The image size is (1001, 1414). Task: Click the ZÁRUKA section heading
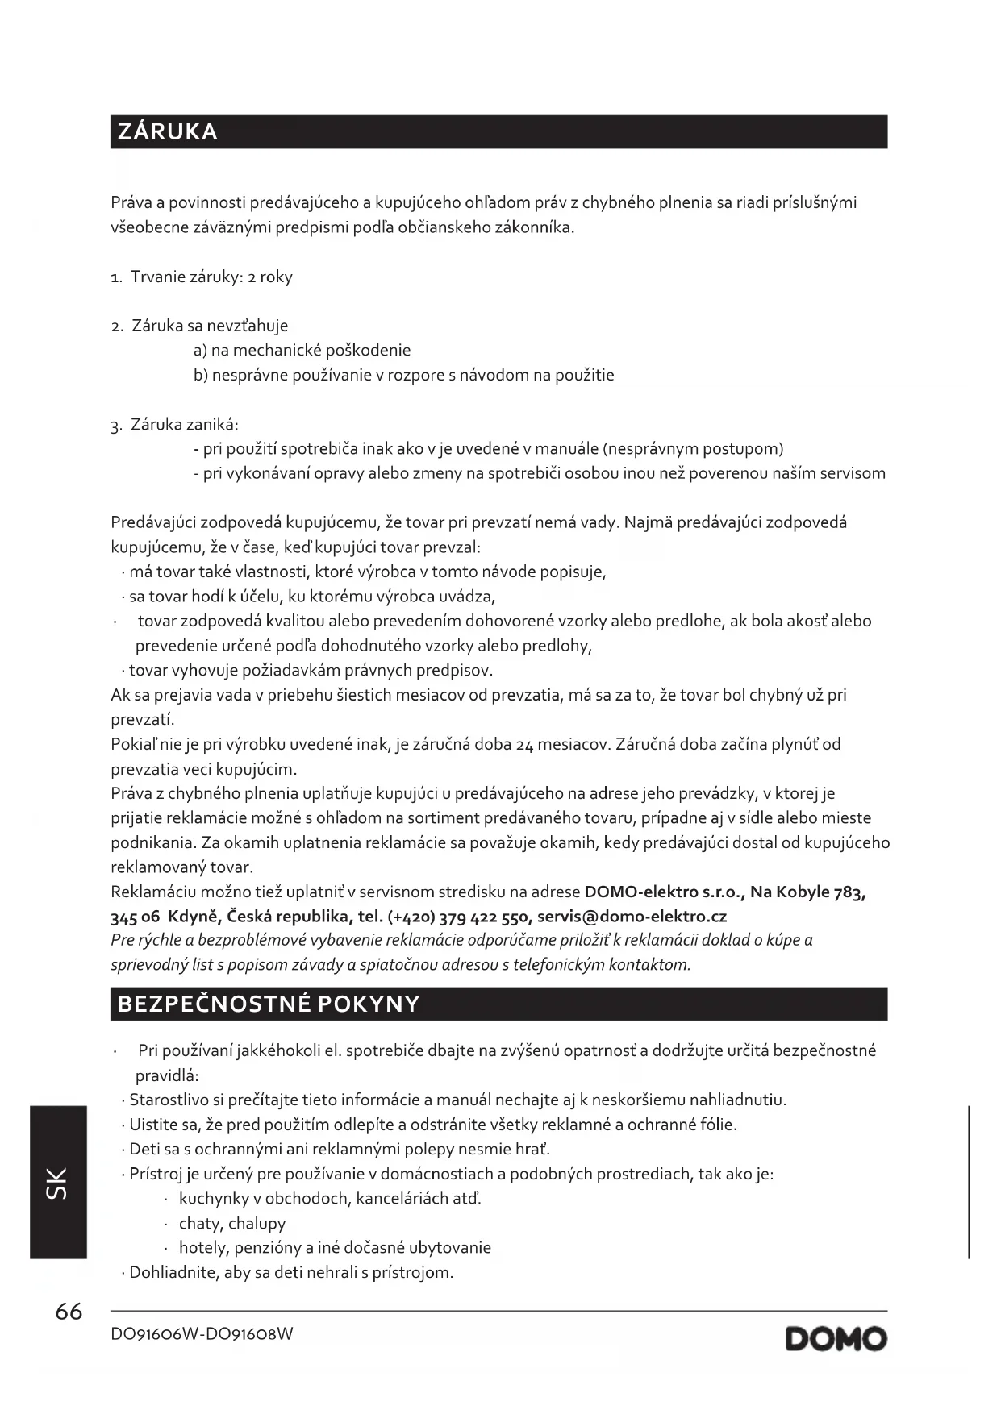pos(168,131)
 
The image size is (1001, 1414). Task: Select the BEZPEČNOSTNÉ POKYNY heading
pos(269,1004)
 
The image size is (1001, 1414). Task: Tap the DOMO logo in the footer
pos(836,1339)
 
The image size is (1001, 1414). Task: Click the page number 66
pos(69,1312)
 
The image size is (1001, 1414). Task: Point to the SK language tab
pos(58,1182)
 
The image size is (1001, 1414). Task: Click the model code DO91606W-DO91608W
pos(202,1334)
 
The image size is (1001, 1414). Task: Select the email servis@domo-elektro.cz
pos(632,917)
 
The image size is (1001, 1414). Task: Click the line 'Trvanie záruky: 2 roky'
pos(211,277)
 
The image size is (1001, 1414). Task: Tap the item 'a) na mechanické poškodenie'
pos(302,350)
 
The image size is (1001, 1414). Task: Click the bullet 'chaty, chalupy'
pos(232,1223)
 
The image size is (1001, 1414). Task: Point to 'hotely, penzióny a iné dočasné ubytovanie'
pos(335,1248)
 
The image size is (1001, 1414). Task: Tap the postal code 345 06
pos(136,917)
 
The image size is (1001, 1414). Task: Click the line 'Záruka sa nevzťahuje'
pos(210,326)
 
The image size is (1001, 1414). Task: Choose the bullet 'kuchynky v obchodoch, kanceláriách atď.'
pos(330,1198)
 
